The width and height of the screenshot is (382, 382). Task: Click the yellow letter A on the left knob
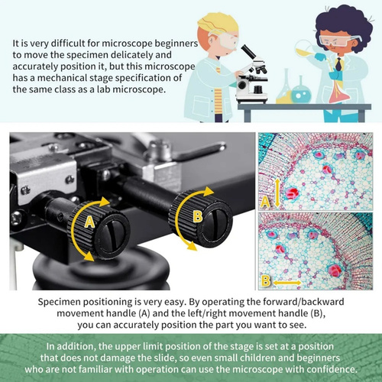(89, 222)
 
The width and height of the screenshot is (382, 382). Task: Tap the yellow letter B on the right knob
(198, 216)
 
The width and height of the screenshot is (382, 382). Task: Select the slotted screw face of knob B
(216, 221)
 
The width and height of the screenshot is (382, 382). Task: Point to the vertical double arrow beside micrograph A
(277, 193)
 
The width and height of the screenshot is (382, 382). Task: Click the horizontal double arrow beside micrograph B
(287, 283)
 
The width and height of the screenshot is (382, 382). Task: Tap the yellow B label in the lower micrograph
(266, 281)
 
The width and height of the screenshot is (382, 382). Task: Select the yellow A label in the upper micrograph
(265, 202)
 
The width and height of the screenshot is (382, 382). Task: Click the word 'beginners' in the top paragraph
(176, 44)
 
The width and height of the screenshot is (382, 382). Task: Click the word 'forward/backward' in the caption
(303, 302)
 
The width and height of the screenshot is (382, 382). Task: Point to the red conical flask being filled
(339, 92)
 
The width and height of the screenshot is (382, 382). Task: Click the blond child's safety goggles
(225, 40)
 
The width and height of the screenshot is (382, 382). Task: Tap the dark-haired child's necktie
(338, 64)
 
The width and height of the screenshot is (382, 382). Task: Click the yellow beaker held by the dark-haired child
(306, 50)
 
